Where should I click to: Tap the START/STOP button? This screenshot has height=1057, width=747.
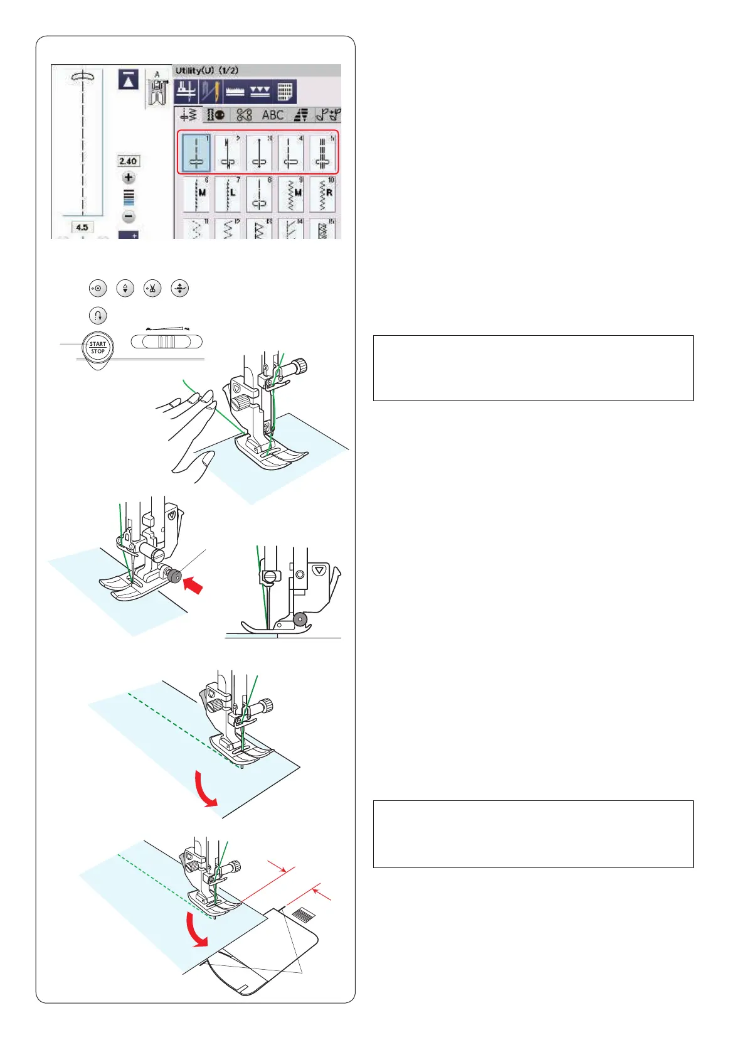pos(98,348)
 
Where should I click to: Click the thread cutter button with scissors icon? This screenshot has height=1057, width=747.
pos(152,289)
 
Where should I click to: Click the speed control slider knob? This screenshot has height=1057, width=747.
pos(166,341)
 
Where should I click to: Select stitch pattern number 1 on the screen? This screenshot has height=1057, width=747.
pos(197,153)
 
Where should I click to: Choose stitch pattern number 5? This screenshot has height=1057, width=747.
pos(322,153)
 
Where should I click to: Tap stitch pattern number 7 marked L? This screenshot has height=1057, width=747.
pos(229,194)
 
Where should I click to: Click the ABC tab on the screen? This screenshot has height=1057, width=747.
pos(273,115)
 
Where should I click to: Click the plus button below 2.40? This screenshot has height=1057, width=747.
pos(129,178)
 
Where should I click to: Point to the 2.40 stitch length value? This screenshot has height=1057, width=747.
pos(128,161)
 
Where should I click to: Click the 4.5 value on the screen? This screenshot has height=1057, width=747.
pos(82,227)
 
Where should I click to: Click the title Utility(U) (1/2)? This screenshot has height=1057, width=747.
pos(207,70)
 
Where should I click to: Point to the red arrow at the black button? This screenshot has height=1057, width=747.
pos(194,587)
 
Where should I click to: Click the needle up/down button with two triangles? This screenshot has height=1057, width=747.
pos(125,289)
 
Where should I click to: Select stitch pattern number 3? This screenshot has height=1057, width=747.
pos(260,153)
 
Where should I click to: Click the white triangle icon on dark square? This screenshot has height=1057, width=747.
pos(129,80)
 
